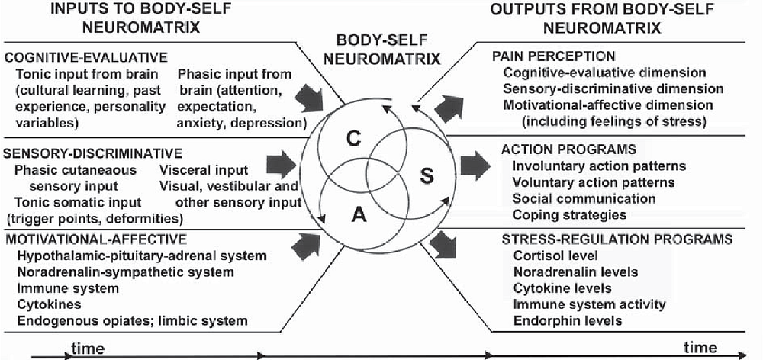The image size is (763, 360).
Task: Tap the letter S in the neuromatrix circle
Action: point(426,178)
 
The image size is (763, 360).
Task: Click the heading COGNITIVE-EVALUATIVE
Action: point(86,57)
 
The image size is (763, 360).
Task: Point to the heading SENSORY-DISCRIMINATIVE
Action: point(93,153)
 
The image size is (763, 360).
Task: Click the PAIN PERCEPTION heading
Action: point(554,56)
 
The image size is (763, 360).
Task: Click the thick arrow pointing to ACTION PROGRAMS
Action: point(475,166)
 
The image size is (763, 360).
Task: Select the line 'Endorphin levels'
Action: point(568,320)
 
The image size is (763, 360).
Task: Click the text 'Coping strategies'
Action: point(569,214)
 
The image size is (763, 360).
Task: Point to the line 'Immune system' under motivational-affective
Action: point(68,288)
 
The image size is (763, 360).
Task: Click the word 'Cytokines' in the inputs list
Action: point(49,304)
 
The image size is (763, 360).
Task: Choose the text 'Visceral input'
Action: point(204,170)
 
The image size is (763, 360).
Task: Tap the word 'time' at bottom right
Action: point(700,347)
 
